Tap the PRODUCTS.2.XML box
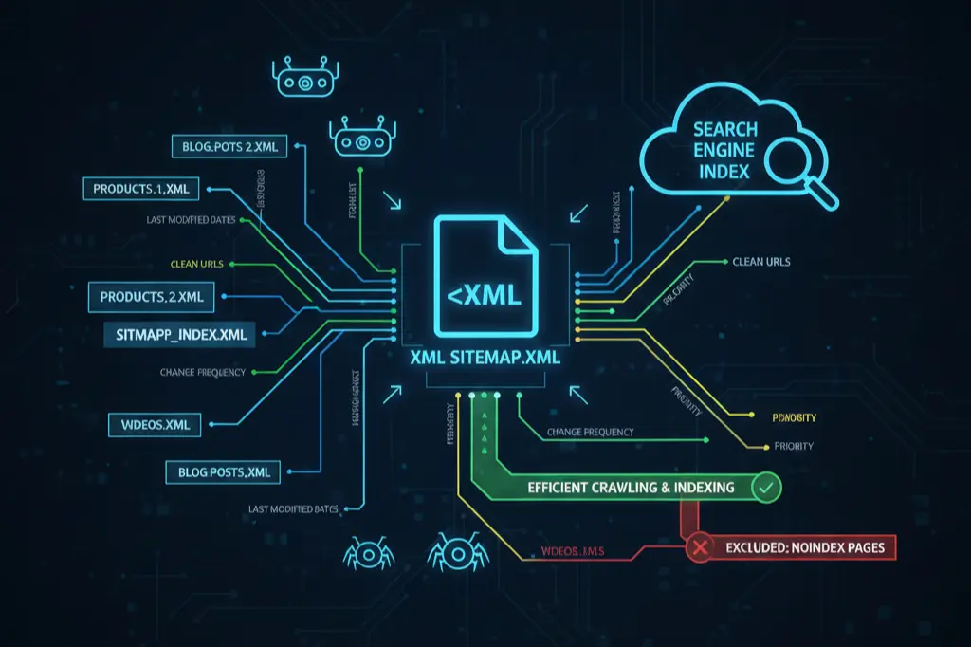(x=151, y=296)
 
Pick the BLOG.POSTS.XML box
(x=218, y=471)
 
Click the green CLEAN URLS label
(x=197, y=264)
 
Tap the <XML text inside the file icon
(x=484, y=296)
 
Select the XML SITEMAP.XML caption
(x=485, y=360)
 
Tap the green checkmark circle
(x=764, y=488)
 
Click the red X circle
(x=700, y=547)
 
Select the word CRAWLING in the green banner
(x=633, y=488)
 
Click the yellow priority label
(x=795, y=417)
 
